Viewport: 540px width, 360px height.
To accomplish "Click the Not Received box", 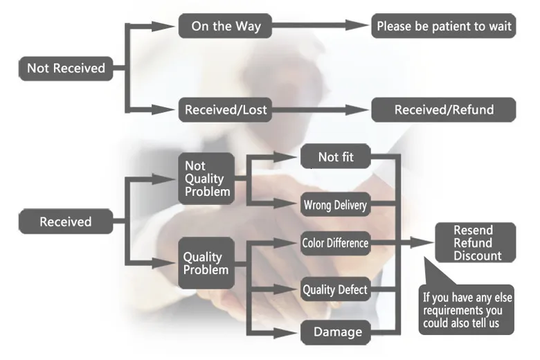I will [66, 68].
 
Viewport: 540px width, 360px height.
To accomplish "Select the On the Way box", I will [225, 26].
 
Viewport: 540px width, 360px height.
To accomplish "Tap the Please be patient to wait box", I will [444, 26].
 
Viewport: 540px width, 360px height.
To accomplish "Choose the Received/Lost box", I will [225, 109].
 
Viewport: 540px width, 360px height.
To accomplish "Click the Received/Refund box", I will [444, 109].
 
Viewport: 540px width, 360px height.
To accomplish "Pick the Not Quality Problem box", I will [206, 179].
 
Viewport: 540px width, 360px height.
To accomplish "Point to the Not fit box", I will [336, 157].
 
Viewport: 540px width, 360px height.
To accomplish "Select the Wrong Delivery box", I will [335, 204].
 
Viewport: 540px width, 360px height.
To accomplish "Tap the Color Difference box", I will [335, 243].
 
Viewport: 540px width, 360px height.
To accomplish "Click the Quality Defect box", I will [335, 289].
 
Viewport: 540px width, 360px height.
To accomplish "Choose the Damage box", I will [337, 332].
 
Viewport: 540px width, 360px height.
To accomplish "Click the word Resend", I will [473, 231].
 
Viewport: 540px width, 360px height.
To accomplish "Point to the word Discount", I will [478, 256].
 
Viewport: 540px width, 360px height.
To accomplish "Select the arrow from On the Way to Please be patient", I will [318, 26].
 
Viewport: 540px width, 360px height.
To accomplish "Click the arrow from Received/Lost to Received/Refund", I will [318, 109].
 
